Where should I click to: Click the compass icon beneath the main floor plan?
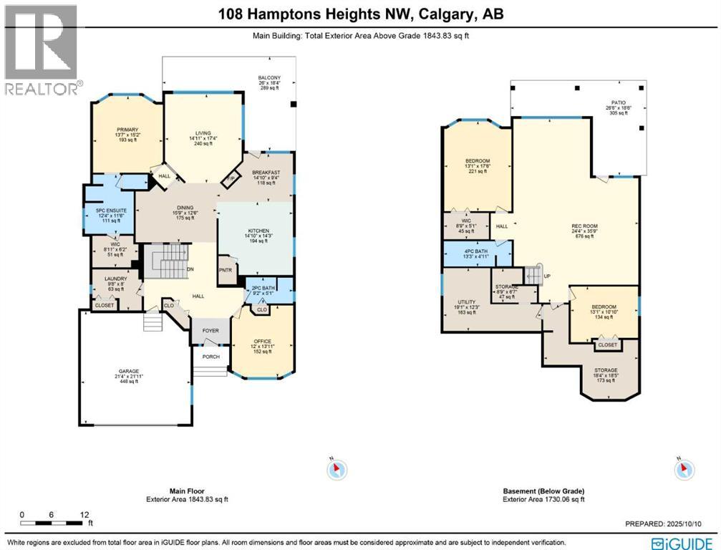(337, 470)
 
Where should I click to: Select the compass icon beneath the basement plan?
(684, 470)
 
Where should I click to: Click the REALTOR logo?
(41, 50)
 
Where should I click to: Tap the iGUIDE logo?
(684, 541)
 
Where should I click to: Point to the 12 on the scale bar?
(84, 515)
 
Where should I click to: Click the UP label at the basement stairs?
(547, 276)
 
